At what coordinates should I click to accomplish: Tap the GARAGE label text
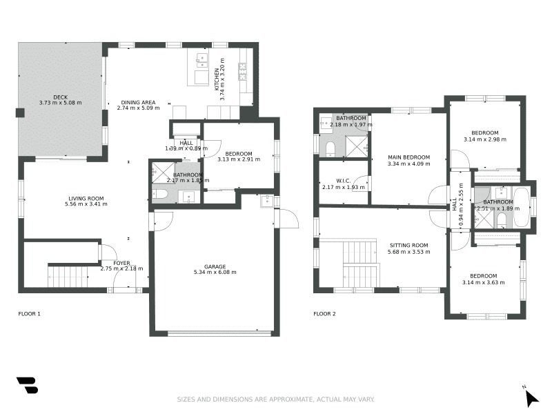pos(215,266)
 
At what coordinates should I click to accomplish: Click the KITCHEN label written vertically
pos(217,79)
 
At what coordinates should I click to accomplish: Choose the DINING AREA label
pos(138,102)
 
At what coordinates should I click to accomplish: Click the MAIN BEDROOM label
pos(408,157)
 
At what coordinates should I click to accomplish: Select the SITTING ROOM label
pos(408,245)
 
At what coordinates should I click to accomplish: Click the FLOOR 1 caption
pos(29,314)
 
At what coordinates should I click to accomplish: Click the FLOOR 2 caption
pos(324,314)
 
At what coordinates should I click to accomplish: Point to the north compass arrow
pos(530,397)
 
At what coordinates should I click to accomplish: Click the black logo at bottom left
pos(27,385)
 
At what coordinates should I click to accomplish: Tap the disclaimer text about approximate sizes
pos(275,399)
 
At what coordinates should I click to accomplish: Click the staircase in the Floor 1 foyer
pos(68,277)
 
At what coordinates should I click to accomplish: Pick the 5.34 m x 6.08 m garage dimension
pos(215,273)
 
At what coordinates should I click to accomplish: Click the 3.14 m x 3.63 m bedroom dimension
pos(484,282)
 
